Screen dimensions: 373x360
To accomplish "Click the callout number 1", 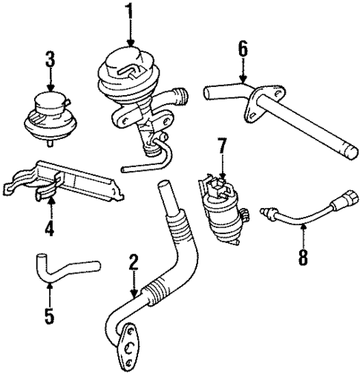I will coord(131,12).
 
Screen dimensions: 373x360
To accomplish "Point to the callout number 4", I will coord(48,228).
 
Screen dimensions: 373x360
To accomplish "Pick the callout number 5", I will coord(48,316).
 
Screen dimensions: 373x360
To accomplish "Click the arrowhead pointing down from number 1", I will coord(131,42).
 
